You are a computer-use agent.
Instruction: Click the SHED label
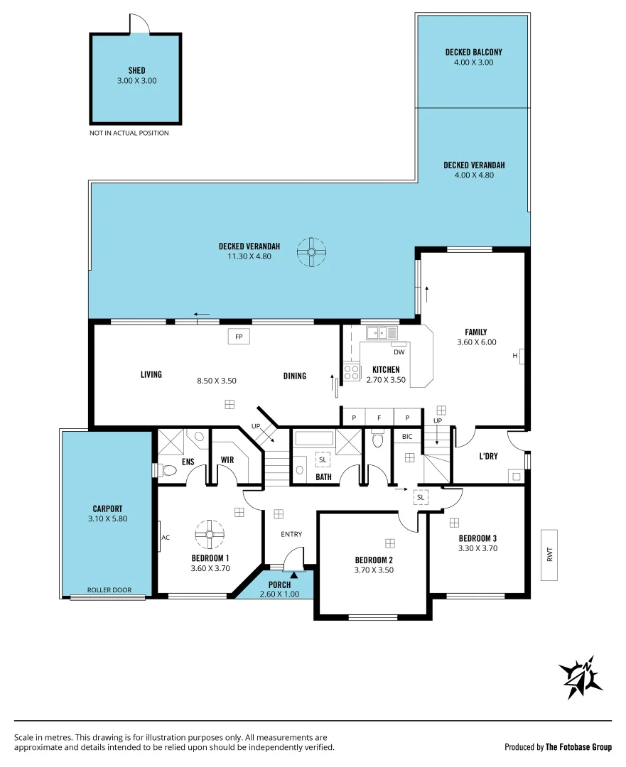coord(136,70)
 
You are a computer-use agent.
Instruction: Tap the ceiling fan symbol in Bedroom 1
coord(210,534)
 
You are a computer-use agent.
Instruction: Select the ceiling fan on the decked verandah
coord(311,252)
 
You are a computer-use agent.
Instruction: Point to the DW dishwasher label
coord(399,352)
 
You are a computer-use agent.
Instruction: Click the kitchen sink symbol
coord(382,332)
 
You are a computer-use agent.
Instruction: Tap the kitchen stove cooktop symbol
coord(352,371)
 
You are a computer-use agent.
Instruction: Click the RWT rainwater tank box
coord(549,555)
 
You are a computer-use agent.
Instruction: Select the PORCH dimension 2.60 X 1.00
coord(279,594)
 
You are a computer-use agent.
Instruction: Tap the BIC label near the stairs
coord(407,437)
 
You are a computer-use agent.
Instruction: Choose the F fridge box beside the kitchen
coord(379,418)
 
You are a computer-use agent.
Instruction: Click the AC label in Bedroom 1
coord(166,538)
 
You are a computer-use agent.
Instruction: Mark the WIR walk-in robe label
coord(227,460)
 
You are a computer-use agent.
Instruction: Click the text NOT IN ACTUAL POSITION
coord(129,133)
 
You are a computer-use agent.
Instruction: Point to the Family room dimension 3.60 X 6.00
coord(476,342)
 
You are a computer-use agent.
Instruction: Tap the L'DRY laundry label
coord(488,456)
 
